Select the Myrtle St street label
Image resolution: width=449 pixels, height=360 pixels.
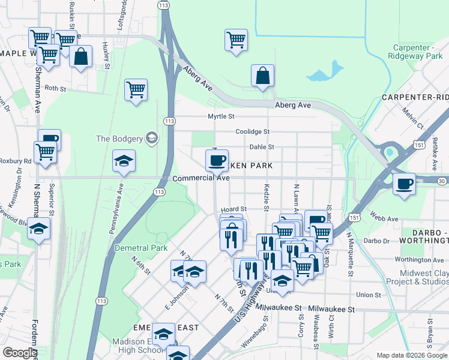pyautogui.click(x=221, y=116)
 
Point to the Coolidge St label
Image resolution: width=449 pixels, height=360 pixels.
pyautogui.click(x=253, y=131)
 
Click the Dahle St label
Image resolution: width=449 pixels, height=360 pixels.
pyautogui.click(x=262, y=146)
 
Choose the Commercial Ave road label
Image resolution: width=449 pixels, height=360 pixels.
pyautogui.click(x=201, y=178)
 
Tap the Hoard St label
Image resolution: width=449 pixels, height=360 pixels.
pyautogui.click(x=234, y=209)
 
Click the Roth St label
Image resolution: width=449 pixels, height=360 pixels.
pyautogui.click(x=55, y=88)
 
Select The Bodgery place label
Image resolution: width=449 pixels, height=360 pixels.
pyautogui.click(x=119, y=139)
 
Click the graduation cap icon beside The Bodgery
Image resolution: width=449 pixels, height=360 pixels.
pyautogui.click(x=151, y=139)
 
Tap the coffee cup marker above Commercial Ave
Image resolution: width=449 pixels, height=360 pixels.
pyautogui.click(x=216, y=160)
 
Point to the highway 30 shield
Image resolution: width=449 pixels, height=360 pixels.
pyautogui.click(x=442, y=181)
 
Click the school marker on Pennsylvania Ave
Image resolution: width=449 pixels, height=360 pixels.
pyautogui.click(x=124, y=161)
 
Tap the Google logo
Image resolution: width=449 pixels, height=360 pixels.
pyautogui.click(x=19, y=353)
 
